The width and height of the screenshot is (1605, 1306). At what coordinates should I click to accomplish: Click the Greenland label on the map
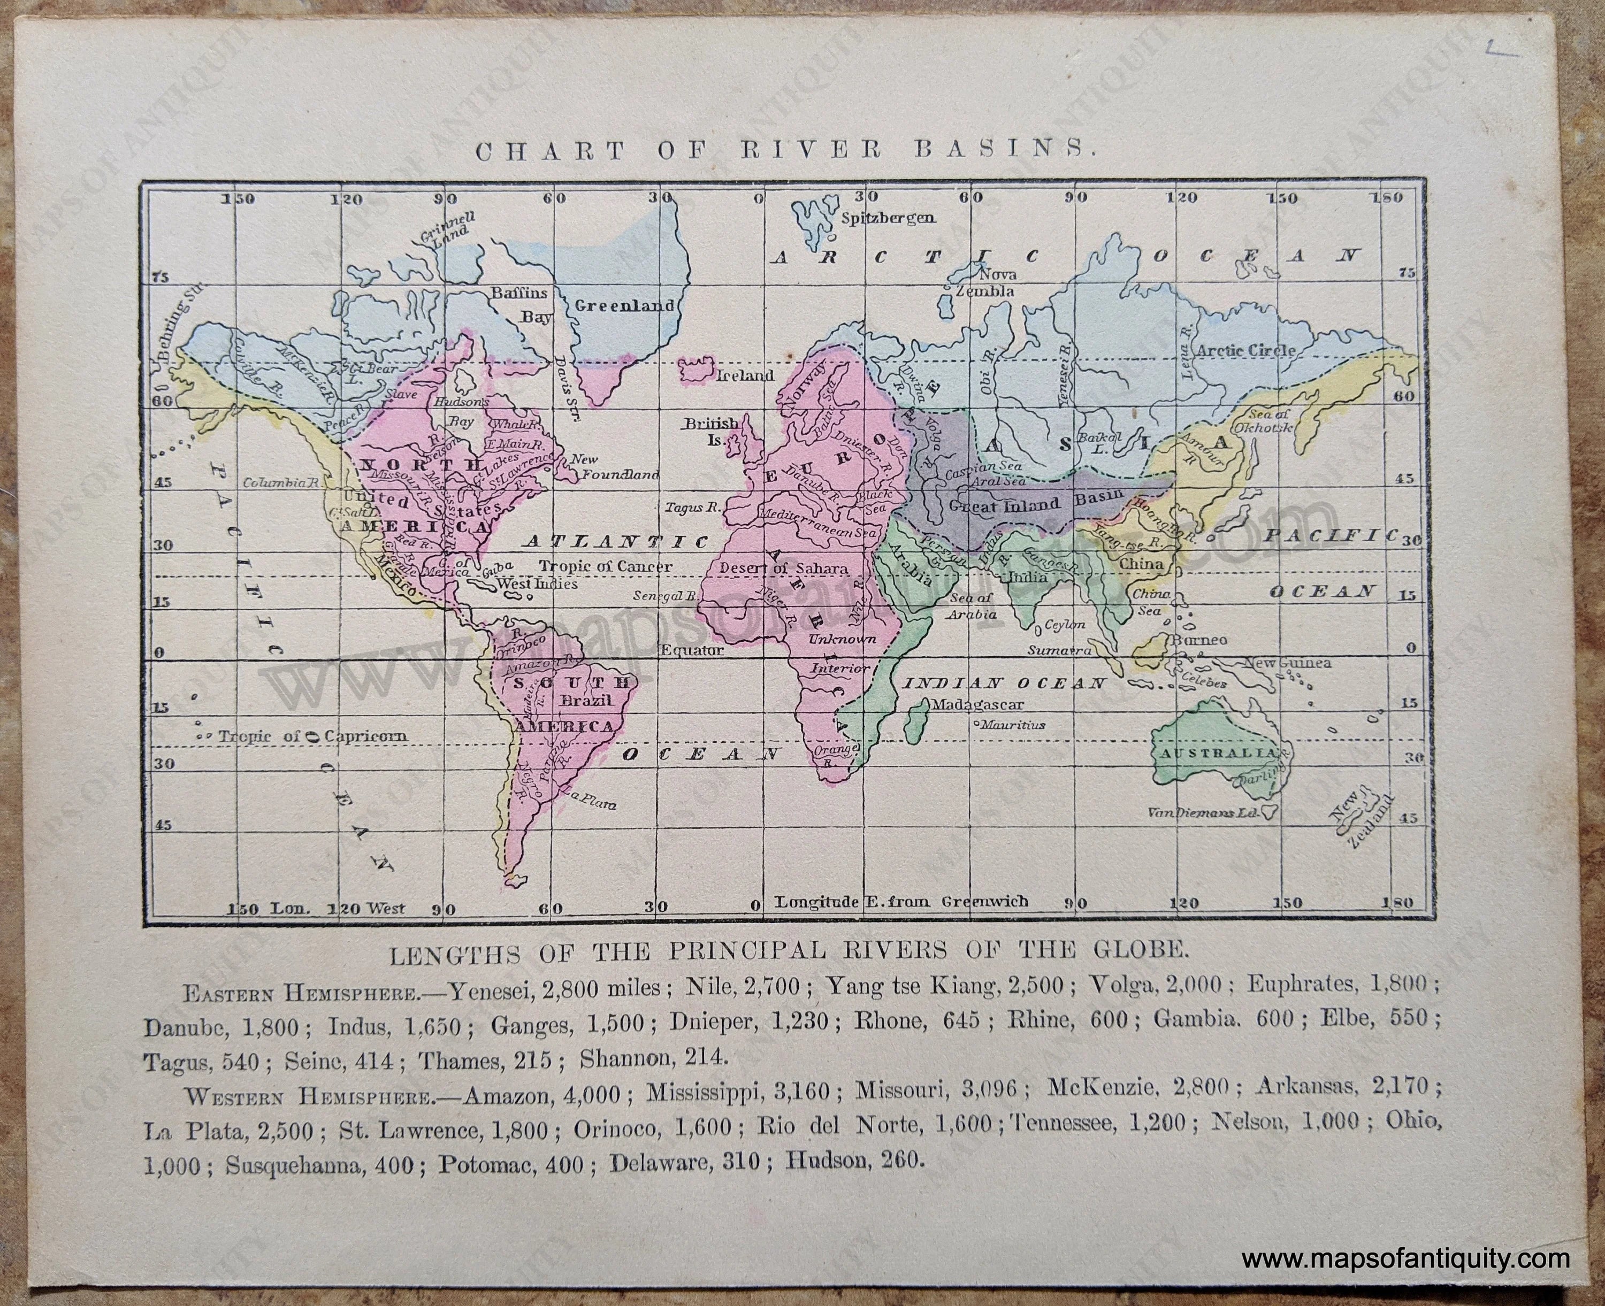[x=624, y=306]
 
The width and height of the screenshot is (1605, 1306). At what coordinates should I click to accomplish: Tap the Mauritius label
[x=1011, y=725]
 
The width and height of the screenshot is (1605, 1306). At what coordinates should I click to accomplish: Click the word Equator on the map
[x=692, y=649]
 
